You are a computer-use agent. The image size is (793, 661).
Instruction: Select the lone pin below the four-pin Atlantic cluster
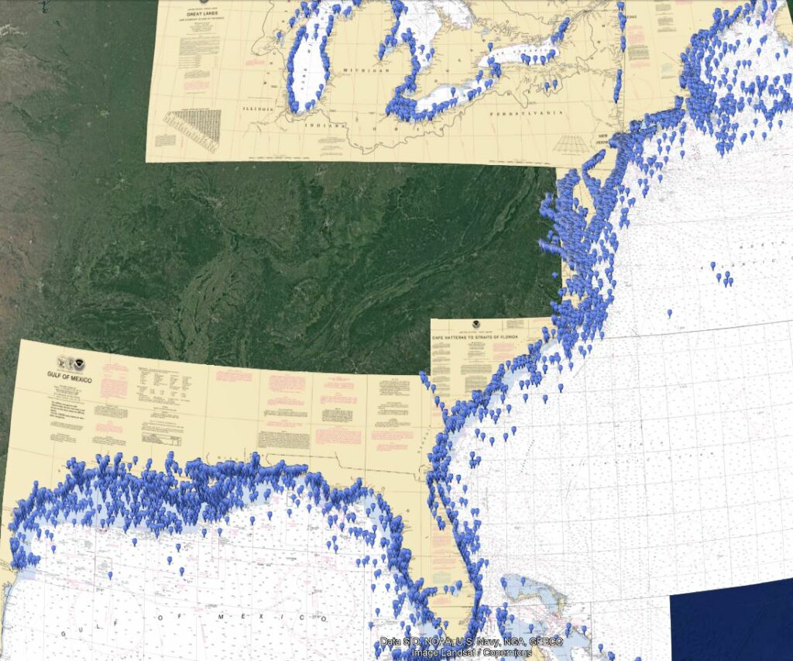(669, 314)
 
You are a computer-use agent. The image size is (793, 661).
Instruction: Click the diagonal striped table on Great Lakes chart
(191, 127)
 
